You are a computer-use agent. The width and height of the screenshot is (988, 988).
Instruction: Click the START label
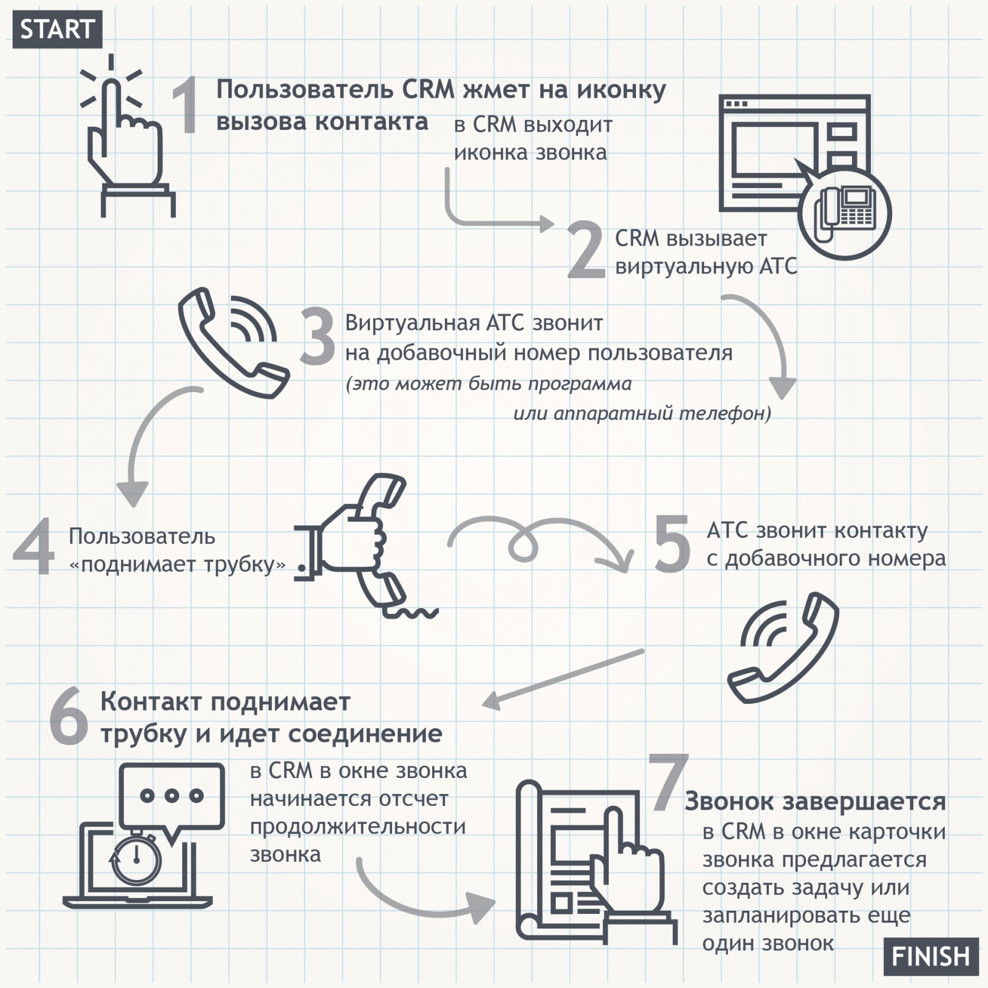[57, 29]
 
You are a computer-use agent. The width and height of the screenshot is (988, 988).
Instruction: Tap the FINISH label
[931, 957]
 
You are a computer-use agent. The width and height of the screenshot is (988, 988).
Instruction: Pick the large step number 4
[34, 547]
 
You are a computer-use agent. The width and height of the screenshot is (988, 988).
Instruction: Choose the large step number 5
[672, 543]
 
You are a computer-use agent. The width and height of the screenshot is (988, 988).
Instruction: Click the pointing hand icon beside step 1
[127, 136]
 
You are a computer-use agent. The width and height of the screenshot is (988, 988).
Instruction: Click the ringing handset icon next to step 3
[233, 343]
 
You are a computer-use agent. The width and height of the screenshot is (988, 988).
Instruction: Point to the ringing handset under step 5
[783, 647]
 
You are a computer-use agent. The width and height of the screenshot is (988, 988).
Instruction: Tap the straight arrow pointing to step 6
[563, 678]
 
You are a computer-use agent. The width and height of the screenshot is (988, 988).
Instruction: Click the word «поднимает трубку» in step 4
[178, 565]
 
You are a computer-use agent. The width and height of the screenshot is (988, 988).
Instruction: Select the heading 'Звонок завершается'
[815, 802]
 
